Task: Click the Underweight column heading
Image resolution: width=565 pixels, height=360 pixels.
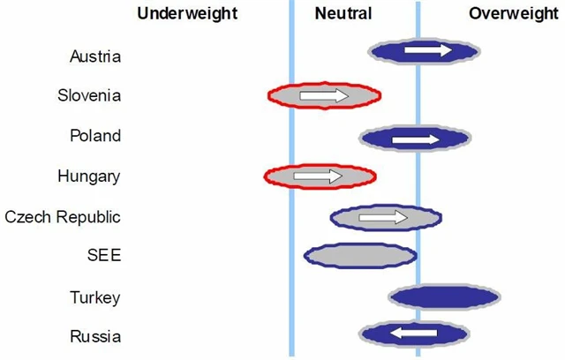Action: pyautogui.click(x=187, y=13)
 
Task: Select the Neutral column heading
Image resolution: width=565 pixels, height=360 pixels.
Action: pyautogui.click(x=343, y=13)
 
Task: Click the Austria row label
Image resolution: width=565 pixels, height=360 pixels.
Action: pyautogui.click(x=95, y=56)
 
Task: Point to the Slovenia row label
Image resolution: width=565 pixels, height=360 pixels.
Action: pyautogui.click(x=89, y=96)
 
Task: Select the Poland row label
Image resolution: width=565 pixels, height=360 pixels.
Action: pyautogui.click(x=95, y=136)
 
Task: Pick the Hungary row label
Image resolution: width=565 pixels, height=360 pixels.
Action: pyautogui.click(x=88, y=176)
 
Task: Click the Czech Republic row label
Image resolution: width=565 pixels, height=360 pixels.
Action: pyautogui.click(x=63, y=216)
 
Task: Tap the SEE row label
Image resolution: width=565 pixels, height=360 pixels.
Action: pyautogui.click(x=104, y=256)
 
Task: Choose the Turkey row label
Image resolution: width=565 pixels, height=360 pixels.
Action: pyautogui.click(x=95, y=297)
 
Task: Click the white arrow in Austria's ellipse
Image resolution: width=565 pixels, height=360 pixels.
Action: pyautogui.click(x=428, y=51)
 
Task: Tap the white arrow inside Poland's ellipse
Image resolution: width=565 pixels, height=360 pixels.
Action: pyautogui.click(x=415, y=139)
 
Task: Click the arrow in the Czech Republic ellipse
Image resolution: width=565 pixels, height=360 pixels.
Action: pyautogui.click(x=383, y=217)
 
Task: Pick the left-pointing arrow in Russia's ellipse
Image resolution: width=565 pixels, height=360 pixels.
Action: pyautogui.click(x=414, y=333)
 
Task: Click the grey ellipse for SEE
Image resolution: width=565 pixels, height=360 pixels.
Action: pyautogui.click(x=360, y=255)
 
